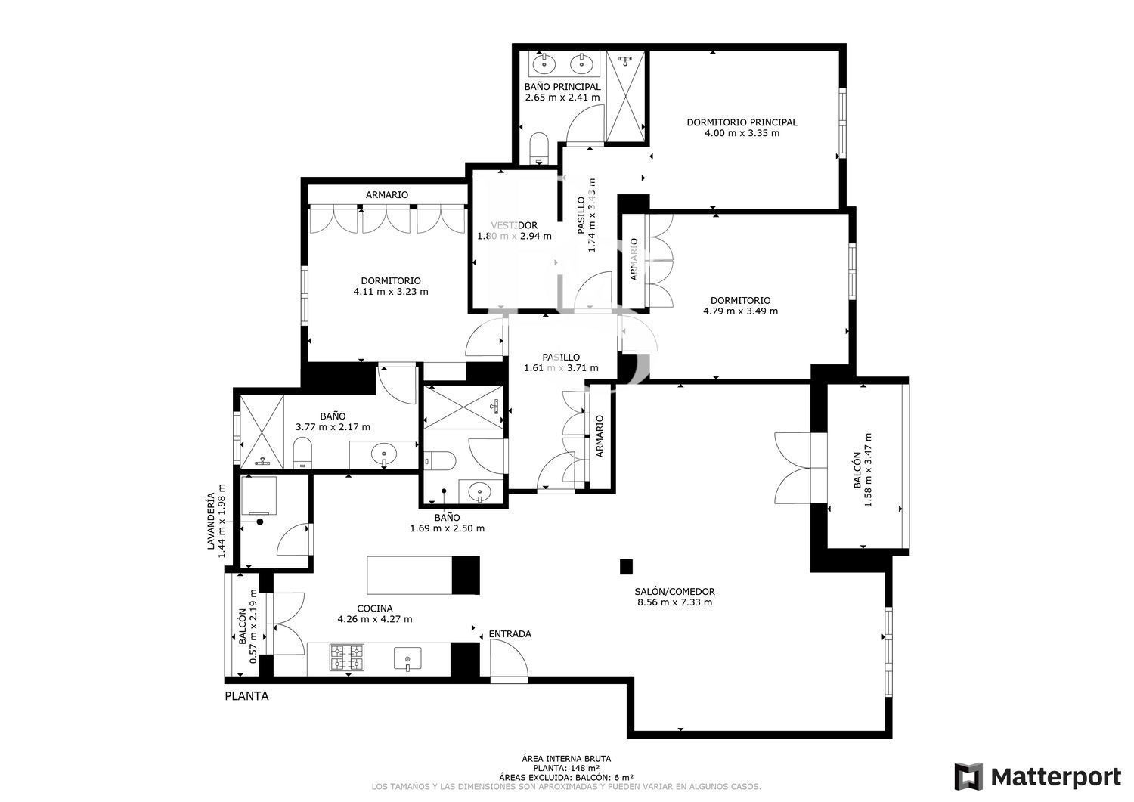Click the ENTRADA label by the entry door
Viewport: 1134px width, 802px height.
(x=510, y=633)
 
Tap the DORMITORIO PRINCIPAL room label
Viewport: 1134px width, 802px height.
(x=742, y=122)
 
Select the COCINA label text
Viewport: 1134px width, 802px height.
(x=375, y=608)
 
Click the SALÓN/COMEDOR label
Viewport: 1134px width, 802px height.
(x=675, y=592)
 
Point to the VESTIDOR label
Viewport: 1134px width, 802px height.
(x=514, y=225)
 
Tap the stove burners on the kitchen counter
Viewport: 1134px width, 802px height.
(x=346, y=658)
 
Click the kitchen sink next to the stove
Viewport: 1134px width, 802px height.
(x=407, y=660)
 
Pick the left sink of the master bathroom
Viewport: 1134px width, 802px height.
(x=544, y=63)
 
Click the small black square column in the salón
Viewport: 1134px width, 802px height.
(x=626, y=566)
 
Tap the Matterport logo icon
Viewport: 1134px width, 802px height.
(x=968, y=776)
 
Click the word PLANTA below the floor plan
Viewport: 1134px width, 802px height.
(x=246, y=696)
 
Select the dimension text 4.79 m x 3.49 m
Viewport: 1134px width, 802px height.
(x=740, y=311)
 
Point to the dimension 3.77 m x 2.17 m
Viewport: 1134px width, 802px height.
(x=333, y=426)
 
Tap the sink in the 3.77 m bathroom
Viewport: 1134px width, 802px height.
(x=384, y=454)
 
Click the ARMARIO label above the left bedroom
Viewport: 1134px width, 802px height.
(x=386, y=194)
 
